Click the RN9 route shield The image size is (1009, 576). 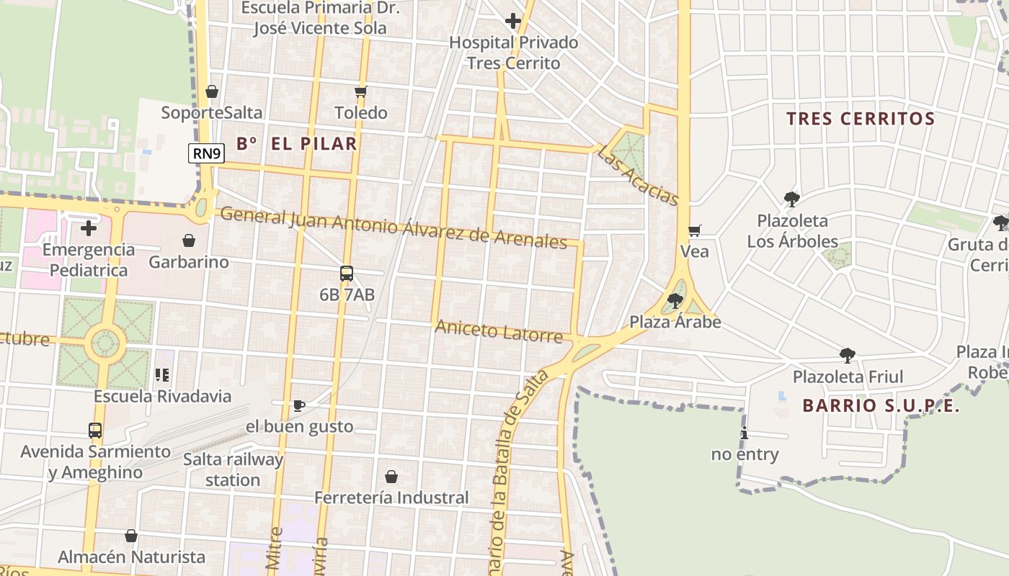[x=206, y=153]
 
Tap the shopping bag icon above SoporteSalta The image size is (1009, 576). [x=212, y=91]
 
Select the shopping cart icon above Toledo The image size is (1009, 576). [x=361, y=91]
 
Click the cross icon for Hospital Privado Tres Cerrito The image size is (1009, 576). [x=513, y=21]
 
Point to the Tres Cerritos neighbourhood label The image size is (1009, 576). [x=861, y=119]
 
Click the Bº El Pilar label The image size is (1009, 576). [x=297, y=143]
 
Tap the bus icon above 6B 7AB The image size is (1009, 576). [x=347, y=274]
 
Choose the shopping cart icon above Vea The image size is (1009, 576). [x=695, y=230]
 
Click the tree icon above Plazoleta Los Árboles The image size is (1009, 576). [x=792, y=199]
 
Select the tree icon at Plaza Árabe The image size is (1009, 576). [x=675, y=300]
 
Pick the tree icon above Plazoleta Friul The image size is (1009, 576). [x=848, y=355]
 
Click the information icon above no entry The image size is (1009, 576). [x=744, y=433]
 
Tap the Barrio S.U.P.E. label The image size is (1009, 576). [x=881, y=406]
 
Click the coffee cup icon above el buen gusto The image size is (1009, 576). [x=299, y=405]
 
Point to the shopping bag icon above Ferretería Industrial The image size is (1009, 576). [x=391, y=476]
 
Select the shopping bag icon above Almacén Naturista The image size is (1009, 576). [x=131, y=536]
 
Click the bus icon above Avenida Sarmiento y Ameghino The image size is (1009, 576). [x=95, y=431]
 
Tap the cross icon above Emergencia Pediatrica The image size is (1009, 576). [x=89, y=228]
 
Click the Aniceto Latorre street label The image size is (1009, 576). [x=499, y=332]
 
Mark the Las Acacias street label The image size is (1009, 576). [x=639, y=176]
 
